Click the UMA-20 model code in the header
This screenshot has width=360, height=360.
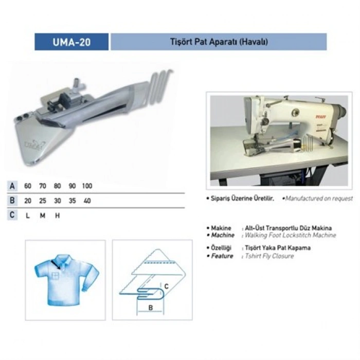(x=71, y=42)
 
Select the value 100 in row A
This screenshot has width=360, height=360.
(x=87, y=186)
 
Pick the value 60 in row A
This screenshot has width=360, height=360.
(x=28, y=186)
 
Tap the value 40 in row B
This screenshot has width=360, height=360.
(x=87, y=201)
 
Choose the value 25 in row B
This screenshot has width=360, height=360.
(x=43, y=201)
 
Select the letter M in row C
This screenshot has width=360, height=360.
(x=43, y=215)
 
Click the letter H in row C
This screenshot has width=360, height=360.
(x=57, y=215)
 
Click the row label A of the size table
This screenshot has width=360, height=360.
(x=12, y=186)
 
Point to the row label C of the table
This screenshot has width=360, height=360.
(x=12, y=215)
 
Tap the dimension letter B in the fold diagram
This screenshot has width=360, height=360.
(x=151, y=308)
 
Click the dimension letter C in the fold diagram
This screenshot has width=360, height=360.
(x=167, y=286)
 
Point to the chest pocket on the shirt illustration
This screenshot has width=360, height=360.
(x=56, y=275)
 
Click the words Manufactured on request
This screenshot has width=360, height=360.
(x=319, y=199)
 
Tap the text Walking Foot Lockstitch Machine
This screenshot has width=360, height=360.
(x=291, y=235)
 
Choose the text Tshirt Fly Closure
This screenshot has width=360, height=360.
(x=269, y=256)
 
